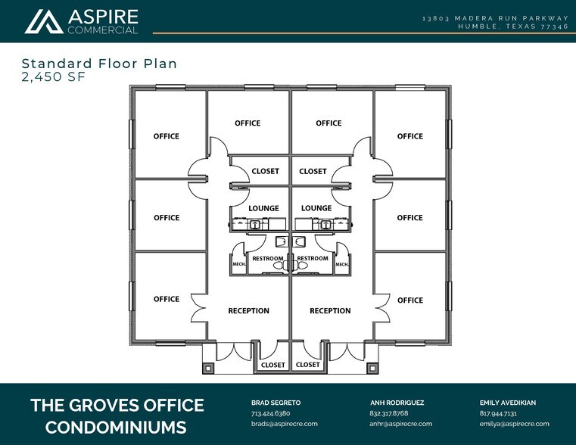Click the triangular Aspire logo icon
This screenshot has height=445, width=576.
click(43, 21)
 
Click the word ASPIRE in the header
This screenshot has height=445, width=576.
click(103, 16)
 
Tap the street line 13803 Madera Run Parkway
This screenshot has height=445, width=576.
click(496, 17)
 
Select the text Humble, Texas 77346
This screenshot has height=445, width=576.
click(513, 26)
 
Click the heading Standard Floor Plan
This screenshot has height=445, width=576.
click(99, 64)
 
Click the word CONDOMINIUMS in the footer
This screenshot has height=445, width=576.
click(116, 427)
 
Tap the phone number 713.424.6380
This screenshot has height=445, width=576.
click(270, 414)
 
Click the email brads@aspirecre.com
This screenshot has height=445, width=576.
click(284, 424)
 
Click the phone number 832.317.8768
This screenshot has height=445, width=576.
click(389, 414)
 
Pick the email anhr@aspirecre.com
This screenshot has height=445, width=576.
click(400, 424)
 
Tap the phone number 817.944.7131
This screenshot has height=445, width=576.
click(498, 414)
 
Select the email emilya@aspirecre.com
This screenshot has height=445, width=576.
click(515, 424)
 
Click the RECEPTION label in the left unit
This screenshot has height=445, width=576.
click(248, 311)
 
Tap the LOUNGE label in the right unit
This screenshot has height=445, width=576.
click(316, 208)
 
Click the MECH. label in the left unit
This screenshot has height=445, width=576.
click(238, 264)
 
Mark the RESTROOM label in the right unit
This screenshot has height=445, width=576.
click(313, 259)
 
